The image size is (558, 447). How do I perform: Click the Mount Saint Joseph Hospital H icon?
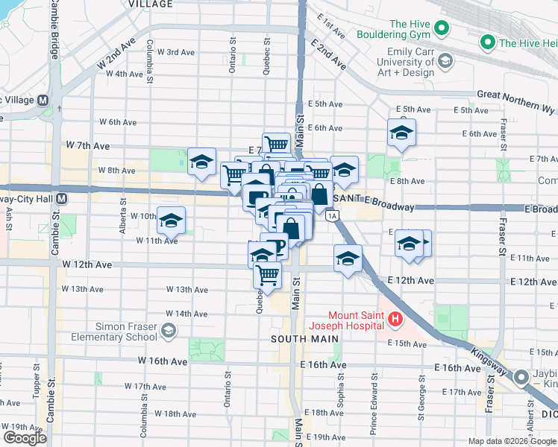click(x=395, y=321)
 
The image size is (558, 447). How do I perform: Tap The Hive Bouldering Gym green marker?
click(x=442, y=30)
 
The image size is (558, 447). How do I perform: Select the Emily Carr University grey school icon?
click(x=446, y=60)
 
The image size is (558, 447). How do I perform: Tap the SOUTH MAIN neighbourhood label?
click(x=295, y=339)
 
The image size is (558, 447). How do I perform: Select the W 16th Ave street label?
click(x=162, y=361)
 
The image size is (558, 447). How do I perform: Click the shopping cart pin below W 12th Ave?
click(x=267, y=276)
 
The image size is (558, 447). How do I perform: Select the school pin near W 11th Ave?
click(x=171, y=221)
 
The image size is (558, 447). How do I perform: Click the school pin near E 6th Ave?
click(x=401, y=133)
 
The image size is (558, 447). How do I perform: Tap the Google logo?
click(x=24, y=438)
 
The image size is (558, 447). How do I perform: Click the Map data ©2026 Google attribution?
click(x=512, y=441)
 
